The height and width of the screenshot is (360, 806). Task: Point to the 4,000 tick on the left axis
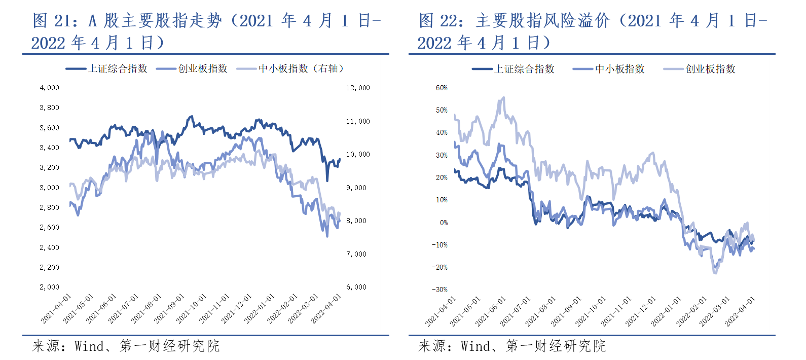(49, 88)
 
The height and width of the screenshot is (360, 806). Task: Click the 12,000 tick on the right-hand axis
(358, 88)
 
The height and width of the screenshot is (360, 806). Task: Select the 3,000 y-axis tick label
(49, 188)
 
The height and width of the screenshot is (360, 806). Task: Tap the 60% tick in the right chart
(442, 88)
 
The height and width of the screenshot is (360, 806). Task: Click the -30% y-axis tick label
(439, 290)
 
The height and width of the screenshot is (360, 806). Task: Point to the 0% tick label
(444, 223)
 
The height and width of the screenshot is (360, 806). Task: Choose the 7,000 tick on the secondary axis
(356, 254)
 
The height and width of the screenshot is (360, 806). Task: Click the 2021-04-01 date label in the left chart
(56, 309)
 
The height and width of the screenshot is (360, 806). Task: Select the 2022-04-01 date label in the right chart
(740, 311)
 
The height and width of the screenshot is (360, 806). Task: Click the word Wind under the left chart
(89, 346)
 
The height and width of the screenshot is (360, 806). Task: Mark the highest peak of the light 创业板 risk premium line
(503, 97)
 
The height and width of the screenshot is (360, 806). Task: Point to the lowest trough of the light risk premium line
(715, 273)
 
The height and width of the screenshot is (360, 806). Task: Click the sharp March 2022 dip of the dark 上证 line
(327, 180)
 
